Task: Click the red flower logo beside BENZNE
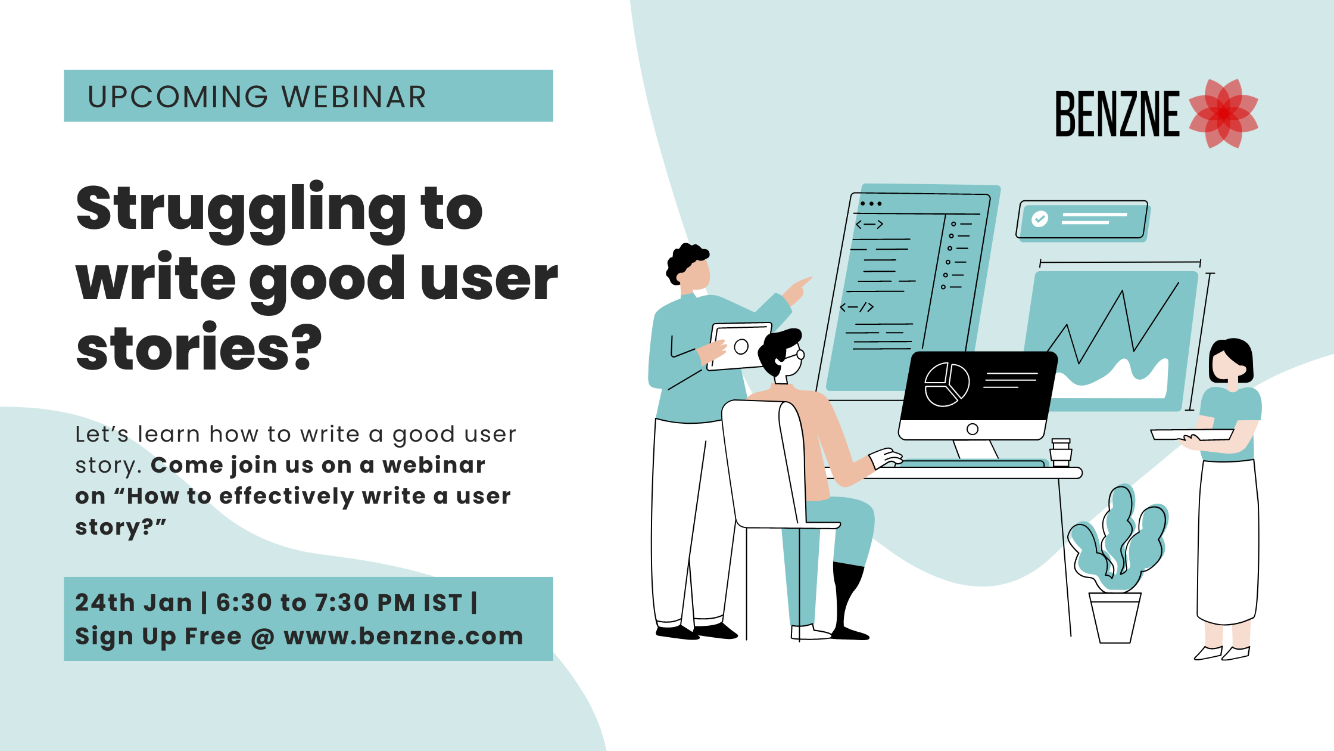(x=1224, y=113)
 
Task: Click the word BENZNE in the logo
(x=1117, y=114)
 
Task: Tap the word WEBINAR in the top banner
(x=354, y=97)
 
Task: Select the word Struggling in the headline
(x=241, y=211)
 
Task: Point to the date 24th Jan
(x=133, y=603)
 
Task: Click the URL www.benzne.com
(x=404, y=636)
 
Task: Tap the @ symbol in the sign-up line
(x=263, y=637)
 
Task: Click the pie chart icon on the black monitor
(x=947, y=384)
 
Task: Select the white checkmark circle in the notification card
(x=1040, y=219)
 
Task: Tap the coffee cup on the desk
(x=1061, y=452)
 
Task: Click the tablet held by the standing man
(x=739, y=346)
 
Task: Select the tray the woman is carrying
(x=1192, y=435)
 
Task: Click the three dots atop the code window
(x=871, y=204)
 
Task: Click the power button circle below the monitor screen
(x=973, y=429)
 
